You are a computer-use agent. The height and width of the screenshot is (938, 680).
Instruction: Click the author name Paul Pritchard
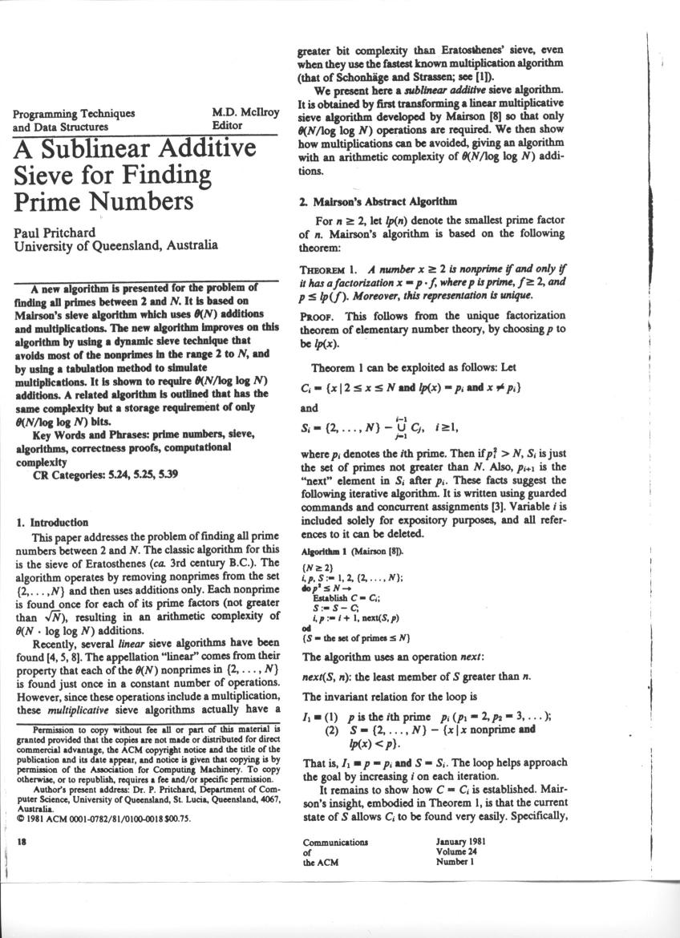point(55,232)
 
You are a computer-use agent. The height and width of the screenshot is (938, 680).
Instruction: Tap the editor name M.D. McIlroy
point(245,113)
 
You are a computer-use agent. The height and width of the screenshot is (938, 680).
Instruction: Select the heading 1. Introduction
point(53,522)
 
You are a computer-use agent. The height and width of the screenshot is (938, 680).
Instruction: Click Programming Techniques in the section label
point(74,114)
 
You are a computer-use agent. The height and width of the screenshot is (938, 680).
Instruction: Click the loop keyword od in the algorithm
point(305,629)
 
